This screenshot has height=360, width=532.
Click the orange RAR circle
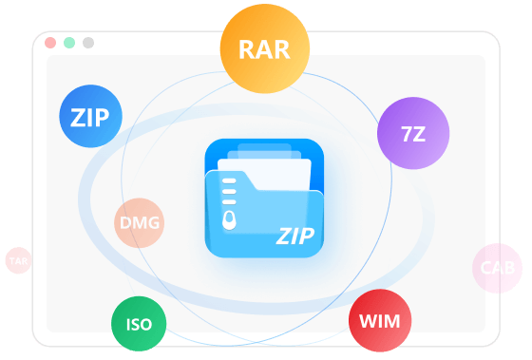coord(265,48)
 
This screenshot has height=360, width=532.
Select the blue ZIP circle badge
coord(90,116)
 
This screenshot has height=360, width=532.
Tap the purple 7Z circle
coord(413,133)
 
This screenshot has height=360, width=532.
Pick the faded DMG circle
coord(139,223)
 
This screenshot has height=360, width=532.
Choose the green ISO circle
coord(139,324)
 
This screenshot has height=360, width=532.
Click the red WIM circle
coord(380,321)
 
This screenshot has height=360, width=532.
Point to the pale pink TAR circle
coord(18,260)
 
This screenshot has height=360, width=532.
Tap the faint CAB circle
coord(498,268)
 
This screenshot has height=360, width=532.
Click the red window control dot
coord(50,43)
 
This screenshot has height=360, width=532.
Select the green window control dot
coord(69,43)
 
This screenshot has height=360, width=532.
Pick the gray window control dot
coord(88,43)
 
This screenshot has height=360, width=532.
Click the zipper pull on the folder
coord(229,220)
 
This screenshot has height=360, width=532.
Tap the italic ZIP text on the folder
coord(295,237)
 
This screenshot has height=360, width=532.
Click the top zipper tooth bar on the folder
coord(229,180)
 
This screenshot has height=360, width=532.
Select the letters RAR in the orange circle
coord(265,50)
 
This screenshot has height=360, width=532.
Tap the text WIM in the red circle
coord(380,321)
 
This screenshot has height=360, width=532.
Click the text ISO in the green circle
coord(139,325)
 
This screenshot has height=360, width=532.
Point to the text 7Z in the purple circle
coord(413,134)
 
